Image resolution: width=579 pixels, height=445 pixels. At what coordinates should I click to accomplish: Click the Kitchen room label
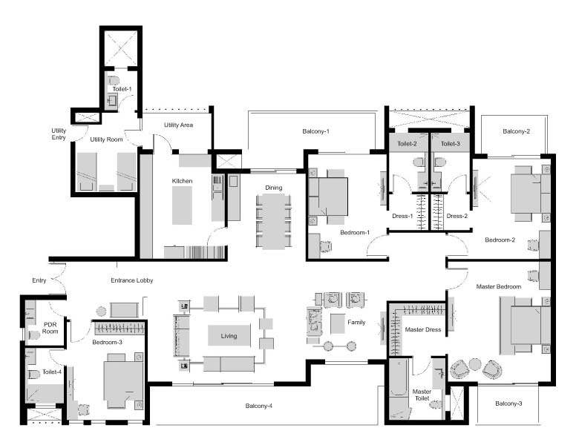click(182, 181)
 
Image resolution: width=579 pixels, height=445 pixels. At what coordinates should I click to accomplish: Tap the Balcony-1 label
click(315, 131)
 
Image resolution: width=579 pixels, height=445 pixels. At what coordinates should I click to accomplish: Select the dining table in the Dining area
click(273, 221)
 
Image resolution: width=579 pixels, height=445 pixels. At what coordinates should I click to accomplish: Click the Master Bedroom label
click(499, 286)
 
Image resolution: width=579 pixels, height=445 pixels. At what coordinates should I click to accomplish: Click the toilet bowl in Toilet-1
click(114, 79)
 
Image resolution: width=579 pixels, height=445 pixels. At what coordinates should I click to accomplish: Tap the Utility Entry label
click(59, 134)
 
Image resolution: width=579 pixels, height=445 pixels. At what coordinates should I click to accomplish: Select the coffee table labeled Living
click(229, 335)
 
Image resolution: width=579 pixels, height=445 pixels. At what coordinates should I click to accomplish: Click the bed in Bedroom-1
click(328, 197)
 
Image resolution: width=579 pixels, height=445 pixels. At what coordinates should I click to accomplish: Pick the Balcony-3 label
click(508, 403)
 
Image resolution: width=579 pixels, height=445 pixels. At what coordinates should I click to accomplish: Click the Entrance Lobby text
click(132, 280)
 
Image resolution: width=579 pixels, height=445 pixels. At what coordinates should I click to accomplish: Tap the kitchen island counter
click(182, 205)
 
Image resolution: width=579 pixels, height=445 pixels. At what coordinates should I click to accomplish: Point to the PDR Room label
click(50, 328)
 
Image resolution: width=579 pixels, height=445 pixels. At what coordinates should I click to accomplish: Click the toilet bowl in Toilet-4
click(33, 375)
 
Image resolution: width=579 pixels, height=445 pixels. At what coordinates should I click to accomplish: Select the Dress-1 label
click(402, 216)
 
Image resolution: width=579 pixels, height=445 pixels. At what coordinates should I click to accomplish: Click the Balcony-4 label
click(259, 406)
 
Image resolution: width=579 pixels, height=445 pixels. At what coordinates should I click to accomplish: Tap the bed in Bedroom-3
click(123, 381)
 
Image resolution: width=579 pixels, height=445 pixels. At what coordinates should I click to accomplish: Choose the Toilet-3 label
click(450, 144)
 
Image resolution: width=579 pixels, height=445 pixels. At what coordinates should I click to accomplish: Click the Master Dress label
click(423, 329)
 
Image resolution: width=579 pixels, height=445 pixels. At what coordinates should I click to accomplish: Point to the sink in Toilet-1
click(112, 100)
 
